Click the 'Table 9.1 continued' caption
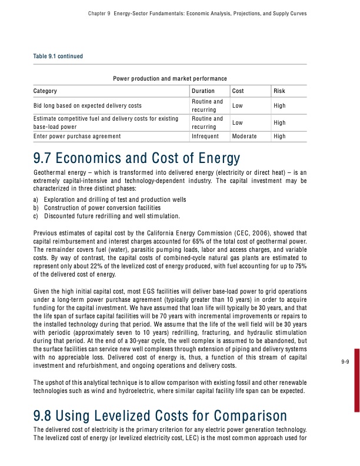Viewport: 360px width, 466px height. click(x=59, y=56)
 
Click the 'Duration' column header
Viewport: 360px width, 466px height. click(x=203, y=91)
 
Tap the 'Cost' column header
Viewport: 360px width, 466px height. click(x=238, y=91)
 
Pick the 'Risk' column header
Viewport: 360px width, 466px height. click(x=279, y=91)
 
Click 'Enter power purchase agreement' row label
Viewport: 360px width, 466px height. click(x=78, y=136)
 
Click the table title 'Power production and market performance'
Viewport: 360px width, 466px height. click(x=170, y=78)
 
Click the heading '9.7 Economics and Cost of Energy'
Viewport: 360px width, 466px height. click(x=138, y=158)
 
